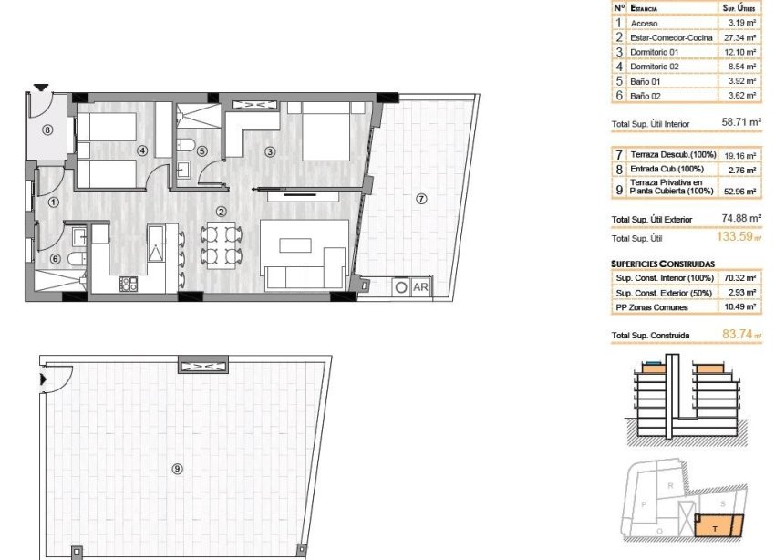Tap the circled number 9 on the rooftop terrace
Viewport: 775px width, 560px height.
(x=177, y=469)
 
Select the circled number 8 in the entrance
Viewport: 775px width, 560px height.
(x=47, y=130)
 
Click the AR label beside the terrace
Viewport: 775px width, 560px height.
(x=421, y=286)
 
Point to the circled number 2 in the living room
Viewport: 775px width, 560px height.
(x=221, y=212)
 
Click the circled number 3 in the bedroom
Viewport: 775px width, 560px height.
(x=270, y=151)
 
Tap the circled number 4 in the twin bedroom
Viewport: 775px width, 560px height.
(x=141, y=150)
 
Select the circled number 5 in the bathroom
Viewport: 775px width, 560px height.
(x=202, y=151)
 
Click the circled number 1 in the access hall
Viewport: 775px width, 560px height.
(x=54, y=202)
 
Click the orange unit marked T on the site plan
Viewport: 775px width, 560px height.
(x=717, y=525)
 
